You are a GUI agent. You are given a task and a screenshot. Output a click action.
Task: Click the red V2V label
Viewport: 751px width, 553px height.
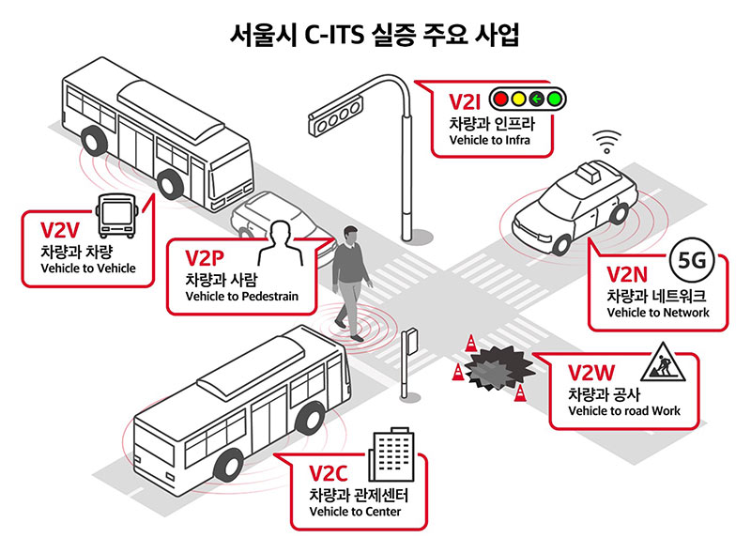click(60, 230)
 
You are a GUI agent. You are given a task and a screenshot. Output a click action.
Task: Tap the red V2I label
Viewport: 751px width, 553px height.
click(465, 102)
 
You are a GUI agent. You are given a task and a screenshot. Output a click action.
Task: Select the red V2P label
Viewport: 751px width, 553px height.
click(205, 258)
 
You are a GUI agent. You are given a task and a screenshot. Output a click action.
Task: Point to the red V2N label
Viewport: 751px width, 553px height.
click(627, 275)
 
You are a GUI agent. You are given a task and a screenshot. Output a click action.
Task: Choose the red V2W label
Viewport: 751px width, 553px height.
click(591, 373)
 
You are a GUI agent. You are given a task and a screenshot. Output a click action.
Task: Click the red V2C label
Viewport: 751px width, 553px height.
click(328, 473)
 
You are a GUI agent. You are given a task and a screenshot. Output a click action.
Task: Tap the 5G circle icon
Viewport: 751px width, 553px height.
click(692, 260)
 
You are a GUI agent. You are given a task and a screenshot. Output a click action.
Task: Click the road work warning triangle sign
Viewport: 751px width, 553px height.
click(663, 362)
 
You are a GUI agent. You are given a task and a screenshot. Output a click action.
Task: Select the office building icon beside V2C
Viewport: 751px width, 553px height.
click(391, 454)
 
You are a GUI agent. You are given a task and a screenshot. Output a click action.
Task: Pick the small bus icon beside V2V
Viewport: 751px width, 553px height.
click(116, 216)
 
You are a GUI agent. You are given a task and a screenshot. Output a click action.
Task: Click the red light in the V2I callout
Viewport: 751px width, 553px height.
click(500, 100)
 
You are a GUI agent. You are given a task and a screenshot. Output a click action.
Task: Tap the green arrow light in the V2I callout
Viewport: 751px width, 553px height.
click(536, 100)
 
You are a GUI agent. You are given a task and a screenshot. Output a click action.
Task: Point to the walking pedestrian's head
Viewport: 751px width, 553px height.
click(351, 235)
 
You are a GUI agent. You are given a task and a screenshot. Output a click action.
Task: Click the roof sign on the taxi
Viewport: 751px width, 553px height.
click(588, 172)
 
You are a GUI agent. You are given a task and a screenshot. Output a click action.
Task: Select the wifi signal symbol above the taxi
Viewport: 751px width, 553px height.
click(606, 142)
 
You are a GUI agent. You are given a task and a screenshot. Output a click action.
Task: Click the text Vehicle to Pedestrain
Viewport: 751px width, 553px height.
click(242, 296)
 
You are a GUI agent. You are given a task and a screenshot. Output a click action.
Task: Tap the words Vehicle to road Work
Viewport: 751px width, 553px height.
click(624, 410)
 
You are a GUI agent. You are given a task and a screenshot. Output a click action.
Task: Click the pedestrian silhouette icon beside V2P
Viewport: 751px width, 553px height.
click(281, 243)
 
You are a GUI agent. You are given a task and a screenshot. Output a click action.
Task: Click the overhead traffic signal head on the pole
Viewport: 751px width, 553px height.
click(335, 115)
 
